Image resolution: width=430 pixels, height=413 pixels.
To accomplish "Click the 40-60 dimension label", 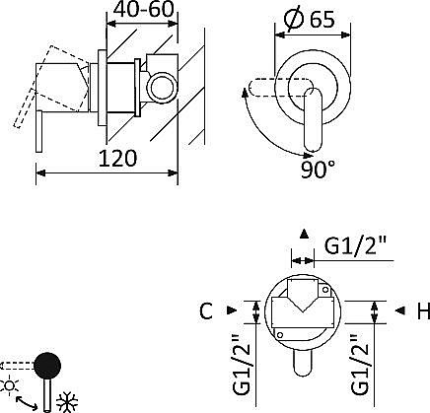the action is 143,9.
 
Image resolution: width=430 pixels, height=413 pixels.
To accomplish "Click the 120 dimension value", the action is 117,158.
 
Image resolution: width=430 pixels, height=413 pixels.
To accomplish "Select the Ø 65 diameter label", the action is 310,19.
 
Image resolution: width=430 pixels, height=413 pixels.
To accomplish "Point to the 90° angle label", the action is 318,170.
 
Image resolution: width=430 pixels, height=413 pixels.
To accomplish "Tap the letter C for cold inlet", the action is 206,310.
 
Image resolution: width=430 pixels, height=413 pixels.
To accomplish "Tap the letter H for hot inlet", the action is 423,311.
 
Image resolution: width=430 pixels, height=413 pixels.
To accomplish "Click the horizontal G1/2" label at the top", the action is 355,245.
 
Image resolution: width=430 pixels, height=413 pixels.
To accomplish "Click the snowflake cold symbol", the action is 67,402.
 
